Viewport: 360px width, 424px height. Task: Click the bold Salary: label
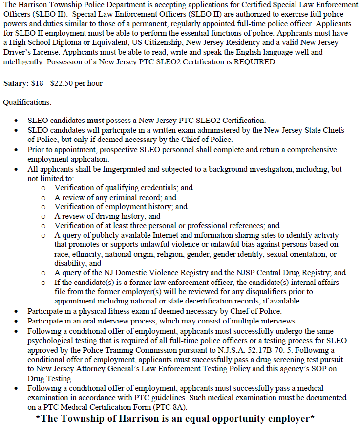(16, 83)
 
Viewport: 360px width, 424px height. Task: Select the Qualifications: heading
(27, 102)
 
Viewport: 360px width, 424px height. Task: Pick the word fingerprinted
(101, 169)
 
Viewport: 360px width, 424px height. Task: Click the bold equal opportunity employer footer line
(175, 418)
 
